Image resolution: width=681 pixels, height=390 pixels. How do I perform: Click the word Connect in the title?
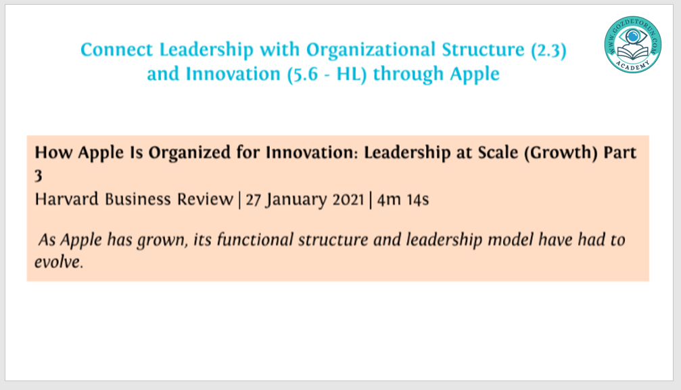pos(117,49)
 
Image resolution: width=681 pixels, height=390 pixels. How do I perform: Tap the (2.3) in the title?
pos(548,50)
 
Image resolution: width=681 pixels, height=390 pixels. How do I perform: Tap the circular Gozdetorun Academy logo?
pos(633,44)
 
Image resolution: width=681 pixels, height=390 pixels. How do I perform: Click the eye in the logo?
pos(633,37)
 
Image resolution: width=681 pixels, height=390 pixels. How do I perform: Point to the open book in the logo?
pos(633,53)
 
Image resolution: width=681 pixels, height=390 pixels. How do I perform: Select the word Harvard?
pos(67,199)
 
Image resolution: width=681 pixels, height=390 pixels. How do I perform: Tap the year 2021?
pos(348,200)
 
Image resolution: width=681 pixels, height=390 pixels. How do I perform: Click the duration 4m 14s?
pos(403,200)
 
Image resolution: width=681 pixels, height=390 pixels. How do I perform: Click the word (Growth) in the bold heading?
pos(561,153)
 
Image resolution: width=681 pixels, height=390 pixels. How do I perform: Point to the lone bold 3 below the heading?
pos(39,175)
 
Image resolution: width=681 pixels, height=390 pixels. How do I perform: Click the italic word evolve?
pos(59,262)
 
